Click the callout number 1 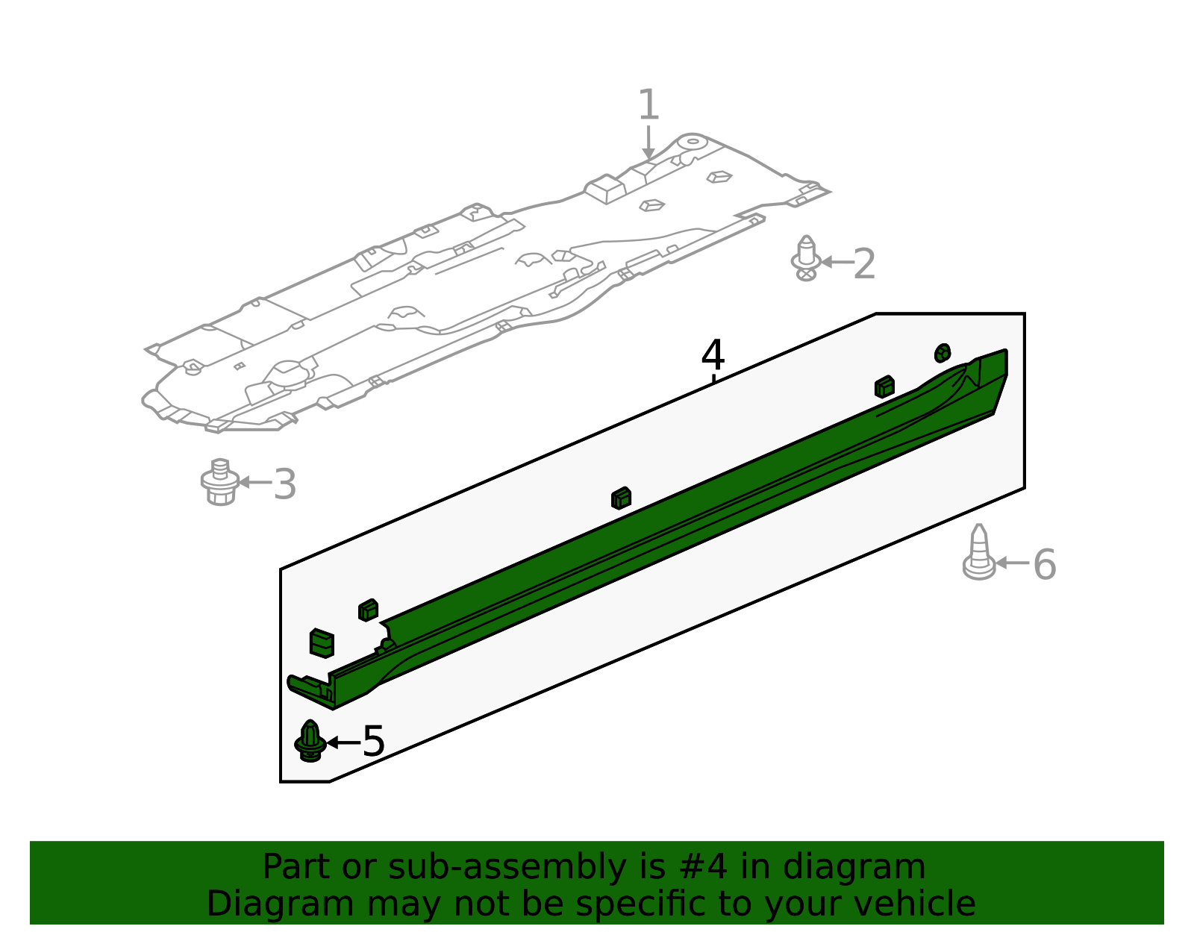click(x=648, y=104)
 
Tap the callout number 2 click(x=864, y=264)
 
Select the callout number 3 click(x=285, y=484)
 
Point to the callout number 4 click(x=713, y=354)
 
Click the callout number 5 click(x=374, y=742)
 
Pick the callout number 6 click(x=1045, y=565)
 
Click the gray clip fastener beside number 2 click(x=806, y=258)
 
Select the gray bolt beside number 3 click(x=220, y=481)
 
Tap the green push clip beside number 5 click(x=310, y=741)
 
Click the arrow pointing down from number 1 click(x=648, y=143)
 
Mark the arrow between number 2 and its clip click(x=837, y=262)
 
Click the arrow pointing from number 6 click(x=1012, y=563)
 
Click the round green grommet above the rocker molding click(x=943, y=353)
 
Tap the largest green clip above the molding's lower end click(x=322, y=643)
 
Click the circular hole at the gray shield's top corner click(x=693, y=141)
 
